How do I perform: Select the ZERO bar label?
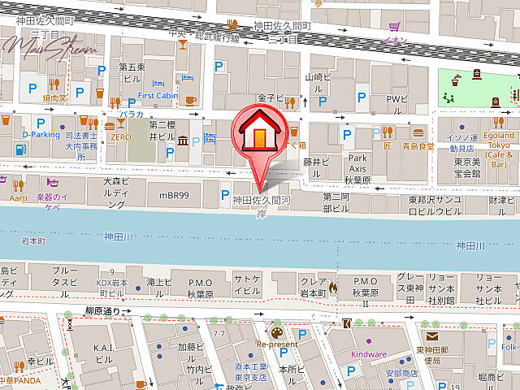pyautogui.click(x=121, y=138)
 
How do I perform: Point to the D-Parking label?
pyautogui.click(x=41, y=135)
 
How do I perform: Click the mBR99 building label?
pyautogui.click(x=174, y=196)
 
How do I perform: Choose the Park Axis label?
pyautogui.click(x=357, y=162)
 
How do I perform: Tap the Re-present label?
pyautogui.click(x=277, y=344)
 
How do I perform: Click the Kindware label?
pyautogui.click(x=369, y=354)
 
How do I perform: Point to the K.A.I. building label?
pyautogui.click(x=103, y=352)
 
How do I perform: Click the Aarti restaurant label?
pyautogui.click(x=18, y=197)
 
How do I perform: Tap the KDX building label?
pyautogui.click(x=111, y=283)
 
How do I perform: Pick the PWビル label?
pyautogui.click(x=396, y=99)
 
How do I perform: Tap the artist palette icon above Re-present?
pyautogui.click(x=277, y=332)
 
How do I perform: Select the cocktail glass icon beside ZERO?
pyautogui.click(x=121, y=123)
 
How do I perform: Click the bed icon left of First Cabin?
pyautogui.click(x=158, y=83)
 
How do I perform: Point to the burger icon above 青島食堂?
pyautogui.click(x=418, y=132)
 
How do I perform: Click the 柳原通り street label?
pyautogui.click(x=102, y=311)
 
